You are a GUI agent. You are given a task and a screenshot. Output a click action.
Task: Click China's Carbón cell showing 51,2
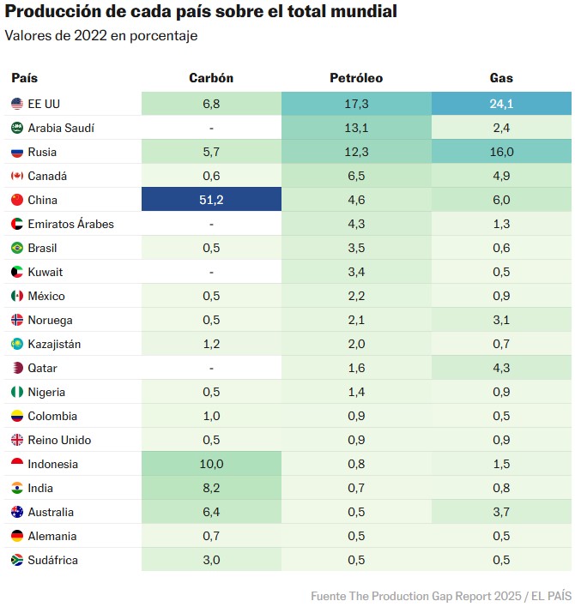tap(211, 200)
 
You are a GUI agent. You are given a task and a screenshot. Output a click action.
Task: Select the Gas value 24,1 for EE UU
tap(501, 104)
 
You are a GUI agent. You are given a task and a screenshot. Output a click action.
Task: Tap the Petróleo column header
tap(356, 78)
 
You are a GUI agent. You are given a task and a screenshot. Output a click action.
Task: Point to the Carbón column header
tap(211, 78)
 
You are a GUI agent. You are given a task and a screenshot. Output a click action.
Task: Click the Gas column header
tap(501, 78)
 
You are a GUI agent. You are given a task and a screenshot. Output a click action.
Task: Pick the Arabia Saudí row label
tap(61, 128)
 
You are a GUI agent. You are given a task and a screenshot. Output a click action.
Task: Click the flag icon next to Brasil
tap(16, 248)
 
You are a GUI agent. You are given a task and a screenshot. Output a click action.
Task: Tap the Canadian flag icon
tap(16, 176)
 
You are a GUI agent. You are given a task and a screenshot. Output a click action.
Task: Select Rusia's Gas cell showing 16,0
tap(501, 152)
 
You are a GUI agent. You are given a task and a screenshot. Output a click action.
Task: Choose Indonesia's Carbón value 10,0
tap(211, 464)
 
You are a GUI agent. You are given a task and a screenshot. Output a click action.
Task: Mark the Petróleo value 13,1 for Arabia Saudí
tap(356, 128)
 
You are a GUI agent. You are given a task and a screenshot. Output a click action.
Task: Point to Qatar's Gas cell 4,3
tap(501, 368)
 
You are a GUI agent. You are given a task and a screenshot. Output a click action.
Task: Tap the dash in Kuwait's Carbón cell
tap(211, 272)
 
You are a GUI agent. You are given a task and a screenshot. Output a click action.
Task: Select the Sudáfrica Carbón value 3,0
tap(211, 560)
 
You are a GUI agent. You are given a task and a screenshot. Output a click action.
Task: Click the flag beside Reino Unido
tap(16, 440)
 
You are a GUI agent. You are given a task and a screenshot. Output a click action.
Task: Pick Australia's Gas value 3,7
tap(501, 512)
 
